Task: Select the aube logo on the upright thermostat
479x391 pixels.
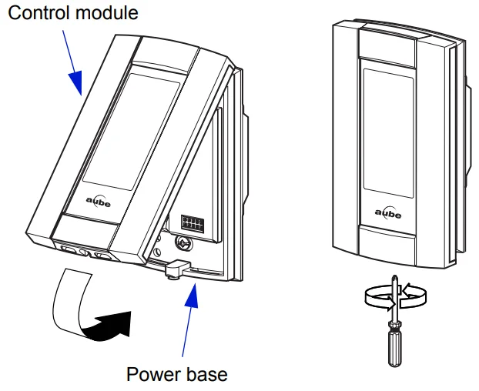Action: (388, 213)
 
